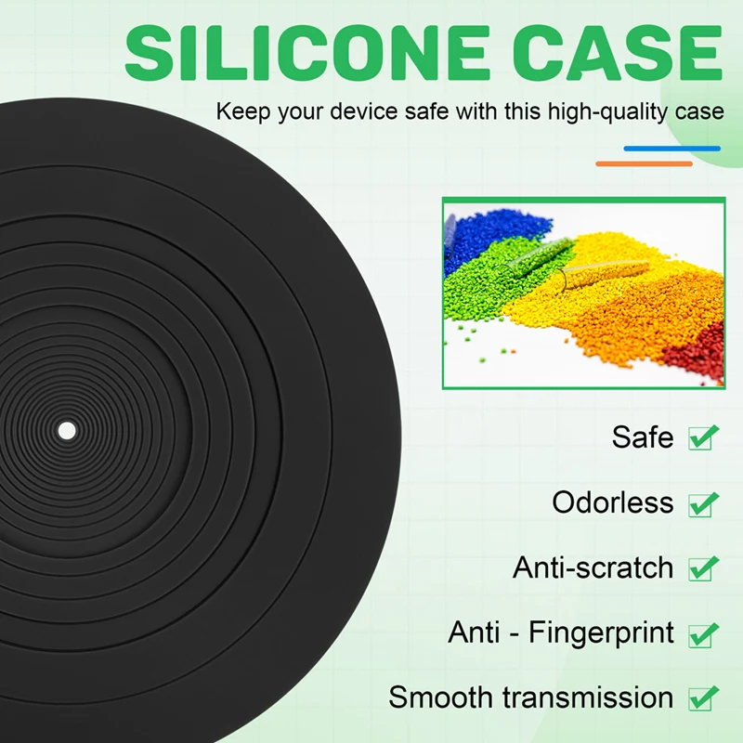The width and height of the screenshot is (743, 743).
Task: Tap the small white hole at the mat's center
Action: pyautogui.click(x=67, y=431)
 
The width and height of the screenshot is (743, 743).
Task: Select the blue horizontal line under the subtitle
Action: pyautogui.click(x=671, y=149)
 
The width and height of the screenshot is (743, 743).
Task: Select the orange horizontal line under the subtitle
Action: pyautogui.click(x=644, y=164)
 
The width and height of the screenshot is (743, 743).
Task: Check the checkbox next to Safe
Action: pyautogui.click(x=702, y=437)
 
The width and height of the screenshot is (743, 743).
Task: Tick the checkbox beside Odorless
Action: pyautogui.click(x=702, y=504)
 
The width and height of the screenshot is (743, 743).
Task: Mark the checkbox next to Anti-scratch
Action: pyautogui.click(x=702, y=568)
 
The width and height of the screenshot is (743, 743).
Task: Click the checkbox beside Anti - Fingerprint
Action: pyautogui.click(x=702, y=634)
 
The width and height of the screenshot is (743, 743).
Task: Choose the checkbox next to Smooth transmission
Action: pyautogui.click(x=702, y=698)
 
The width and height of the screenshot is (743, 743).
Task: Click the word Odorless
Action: pyautogui.click(x=612, y=502)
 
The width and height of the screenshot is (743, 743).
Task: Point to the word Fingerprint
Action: pyautogui.click(x=601, y=633)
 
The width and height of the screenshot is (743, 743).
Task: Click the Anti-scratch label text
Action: pyautogui.click(x=593, y=567)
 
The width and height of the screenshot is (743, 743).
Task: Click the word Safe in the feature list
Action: pyautogui.click(x=643, y=437)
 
